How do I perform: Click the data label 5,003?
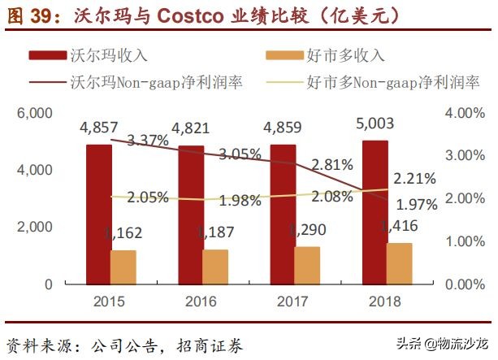376,124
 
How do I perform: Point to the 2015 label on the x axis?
110,301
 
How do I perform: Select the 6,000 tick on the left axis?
35,113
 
